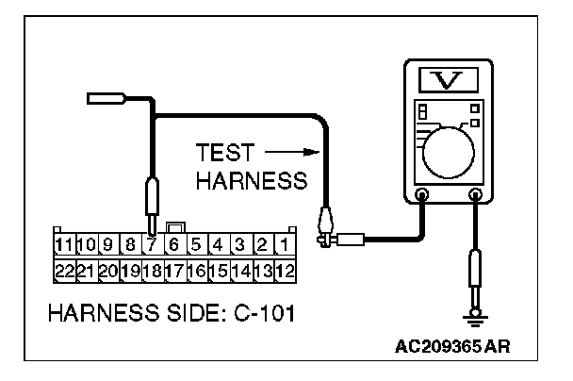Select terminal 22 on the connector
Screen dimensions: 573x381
(65, 269)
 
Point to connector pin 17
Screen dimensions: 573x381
(173, 269)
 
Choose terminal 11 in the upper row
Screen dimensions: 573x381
(65, 245)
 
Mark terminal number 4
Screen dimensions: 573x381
(217, 245)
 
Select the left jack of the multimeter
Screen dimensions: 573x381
(422, 196)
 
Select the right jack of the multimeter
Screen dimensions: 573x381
(477, 196)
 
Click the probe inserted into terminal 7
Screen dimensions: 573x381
(152, 202)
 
